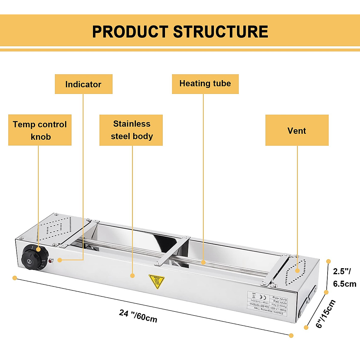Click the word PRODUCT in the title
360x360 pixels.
pyautogui.click(x=130, y=32)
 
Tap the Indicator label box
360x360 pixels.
pyautogui.click(x=83, y=84)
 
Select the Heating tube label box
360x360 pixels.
pyautogui.click(x=205, y=84)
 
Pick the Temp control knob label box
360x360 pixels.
pyautogui.click(x=40, y=130)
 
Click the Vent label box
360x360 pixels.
pyautogui.click(x=297, y=130)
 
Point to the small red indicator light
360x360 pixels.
pyautogui.click(x=50, y=261)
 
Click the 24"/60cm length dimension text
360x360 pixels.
pyautogui.click(x=138, y=316)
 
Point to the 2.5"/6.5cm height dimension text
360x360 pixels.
pyautogui.click(x=344, y=277)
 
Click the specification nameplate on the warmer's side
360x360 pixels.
pyautogui.click(x=267, y=303)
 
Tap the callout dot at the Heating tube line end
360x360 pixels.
pyautogui.click(x=203, y=262)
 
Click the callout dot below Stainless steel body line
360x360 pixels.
pyautogui.click(x=132, y=275)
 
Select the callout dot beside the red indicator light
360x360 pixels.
pyautogui.click(x=60, y=260)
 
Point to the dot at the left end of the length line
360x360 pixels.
pyautogui.click(x=15, y=278)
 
